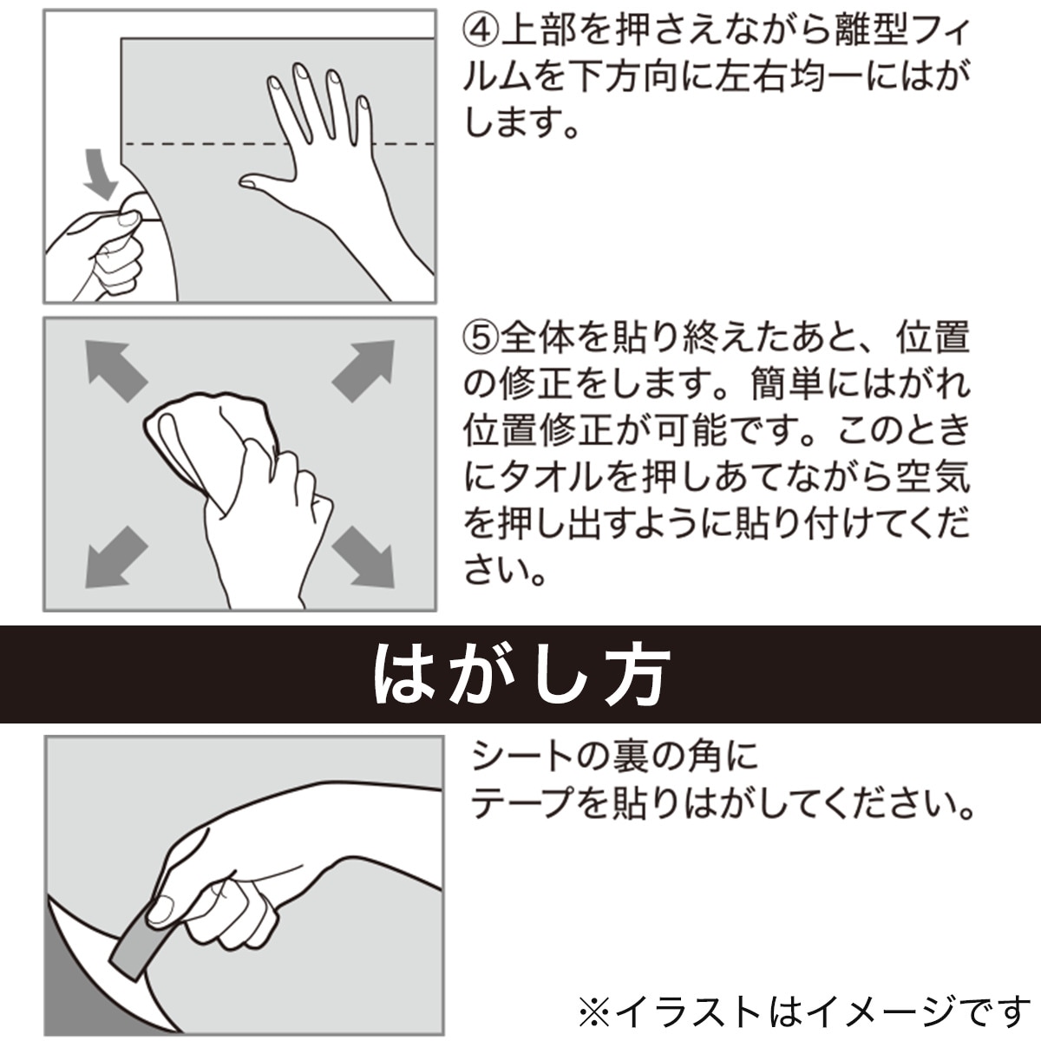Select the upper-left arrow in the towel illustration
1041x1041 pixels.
coord(116,371)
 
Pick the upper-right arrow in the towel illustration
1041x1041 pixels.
coord(363,371)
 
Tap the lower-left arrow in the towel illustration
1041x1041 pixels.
coord(116,557)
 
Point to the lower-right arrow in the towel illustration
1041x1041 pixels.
coord(363,557)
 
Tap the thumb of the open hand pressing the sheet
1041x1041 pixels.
coord(265,182)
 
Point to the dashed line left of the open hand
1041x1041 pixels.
coord(206,144)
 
